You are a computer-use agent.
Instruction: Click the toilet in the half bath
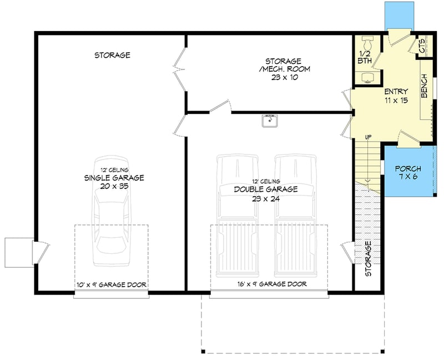367,43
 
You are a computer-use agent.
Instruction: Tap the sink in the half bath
367,78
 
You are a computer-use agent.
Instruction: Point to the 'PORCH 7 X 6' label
407,173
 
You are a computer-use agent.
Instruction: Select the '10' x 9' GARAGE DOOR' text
112,285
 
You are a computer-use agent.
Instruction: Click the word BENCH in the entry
424,87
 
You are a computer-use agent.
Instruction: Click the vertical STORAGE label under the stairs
368,259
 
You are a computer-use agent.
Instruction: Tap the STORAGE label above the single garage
112,55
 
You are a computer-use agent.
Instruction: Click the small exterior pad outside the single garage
19,252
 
